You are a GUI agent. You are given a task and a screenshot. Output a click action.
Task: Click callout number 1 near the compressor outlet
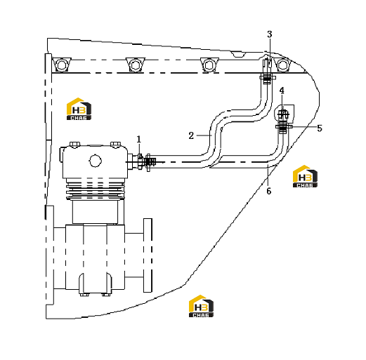pos(139,140)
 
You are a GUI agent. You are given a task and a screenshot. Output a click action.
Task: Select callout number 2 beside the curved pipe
pos(191,135)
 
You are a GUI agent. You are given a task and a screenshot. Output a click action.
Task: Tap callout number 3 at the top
pos(270,34)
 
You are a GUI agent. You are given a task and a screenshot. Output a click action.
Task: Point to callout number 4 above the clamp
pos(282,91)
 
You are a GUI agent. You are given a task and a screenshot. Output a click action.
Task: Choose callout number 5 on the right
pos(320,128)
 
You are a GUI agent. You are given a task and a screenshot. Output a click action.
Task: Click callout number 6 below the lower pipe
pos(269,191)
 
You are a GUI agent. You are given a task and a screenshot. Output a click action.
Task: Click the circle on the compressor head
pos(96,161)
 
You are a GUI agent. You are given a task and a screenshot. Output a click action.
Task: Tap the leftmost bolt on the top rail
pos(62,65)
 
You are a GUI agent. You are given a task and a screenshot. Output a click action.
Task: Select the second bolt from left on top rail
pos(136,65)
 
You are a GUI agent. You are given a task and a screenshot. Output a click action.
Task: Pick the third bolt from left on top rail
pos(209,65)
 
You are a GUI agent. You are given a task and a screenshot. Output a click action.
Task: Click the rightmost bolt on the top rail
pos(282,65)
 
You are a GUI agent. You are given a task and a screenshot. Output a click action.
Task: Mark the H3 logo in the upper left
pos(79,109)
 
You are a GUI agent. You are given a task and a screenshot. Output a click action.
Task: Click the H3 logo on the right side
pos(305,176)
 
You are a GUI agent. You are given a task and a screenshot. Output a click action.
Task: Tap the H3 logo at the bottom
pos(201,306)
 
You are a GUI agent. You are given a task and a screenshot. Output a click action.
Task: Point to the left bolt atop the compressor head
pos(75,145)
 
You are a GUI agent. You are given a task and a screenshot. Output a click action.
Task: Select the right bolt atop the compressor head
pos(115,145)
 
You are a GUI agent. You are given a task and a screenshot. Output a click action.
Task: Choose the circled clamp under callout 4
pos(283,114)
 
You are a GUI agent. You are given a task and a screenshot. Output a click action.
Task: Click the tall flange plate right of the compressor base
pos(148,255)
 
